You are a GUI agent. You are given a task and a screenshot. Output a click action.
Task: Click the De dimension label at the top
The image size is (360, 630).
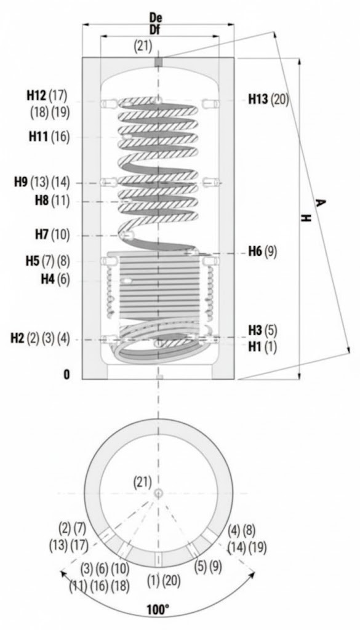[156, 18]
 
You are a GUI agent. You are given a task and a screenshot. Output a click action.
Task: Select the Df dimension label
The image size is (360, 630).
[156, 30]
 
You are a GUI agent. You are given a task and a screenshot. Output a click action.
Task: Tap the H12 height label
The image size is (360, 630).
[36, 95]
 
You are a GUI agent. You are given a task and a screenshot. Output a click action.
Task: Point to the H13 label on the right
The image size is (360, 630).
[258, 99]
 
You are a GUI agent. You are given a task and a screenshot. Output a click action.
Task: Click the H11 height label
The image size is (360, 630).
[38, 137]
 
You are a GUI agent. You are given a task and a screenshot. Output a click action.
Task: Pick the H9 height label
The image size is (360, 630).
[22, 182]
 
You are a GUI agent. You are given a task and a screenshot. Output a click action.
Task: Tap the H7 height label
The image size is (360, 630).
[42, 234]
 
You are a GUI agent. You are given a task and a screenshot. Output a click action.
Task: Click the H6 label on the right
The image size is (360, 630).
[255, 252]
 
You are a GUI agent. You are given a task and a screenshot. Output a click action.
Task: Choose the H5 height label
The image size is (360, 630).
[33, 261]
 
